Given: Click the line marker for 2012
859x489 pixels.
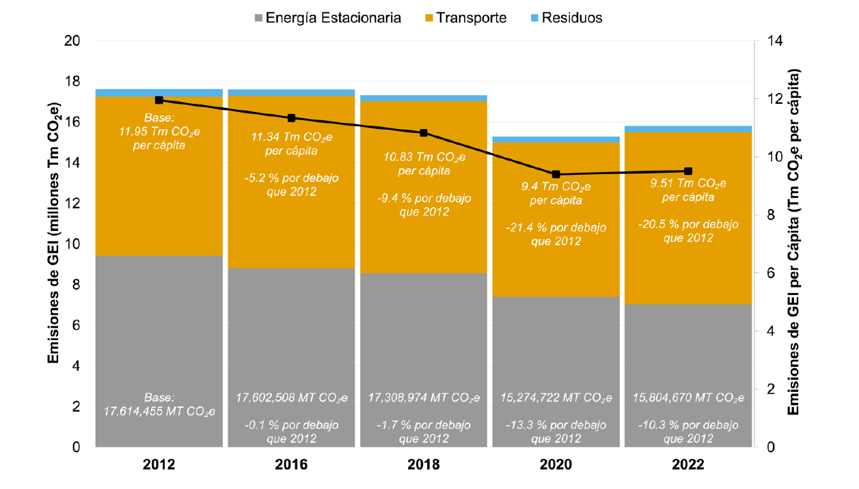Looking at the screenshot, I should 159,100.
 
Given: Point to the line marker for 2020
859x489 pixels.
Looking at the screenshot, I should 556,174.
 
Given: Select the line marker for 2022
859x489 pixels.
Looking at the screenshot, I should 688,171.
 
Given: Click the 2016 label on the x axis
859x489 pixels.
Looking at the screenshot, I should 291,464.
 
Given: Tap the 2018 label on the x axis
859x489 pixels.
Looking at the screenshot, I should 424,464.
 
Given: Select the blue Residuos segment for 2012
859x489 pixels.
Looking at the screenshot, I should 159,93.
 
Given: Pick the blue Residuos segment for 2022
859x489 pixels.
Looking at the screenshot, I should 688,129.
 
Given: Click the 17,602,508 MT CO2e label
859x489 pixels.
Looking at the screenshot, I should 291,397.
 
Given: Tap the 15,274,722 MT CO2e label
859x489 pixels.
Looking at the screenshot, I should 556,397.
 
